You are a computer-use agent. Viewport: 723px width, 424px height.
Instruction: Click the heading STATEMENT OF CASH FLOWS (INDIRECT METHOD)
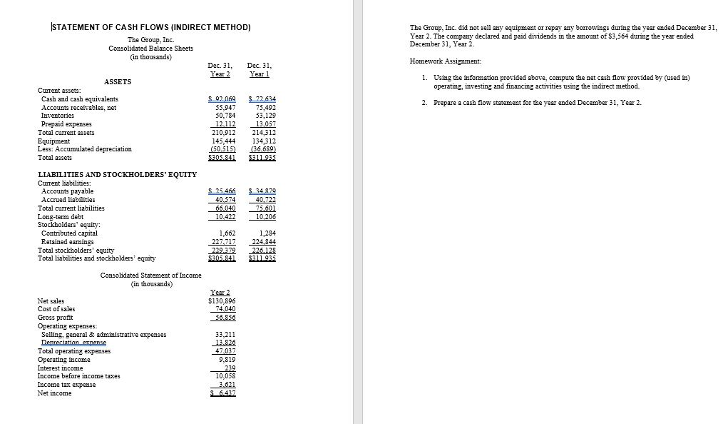[151, 27]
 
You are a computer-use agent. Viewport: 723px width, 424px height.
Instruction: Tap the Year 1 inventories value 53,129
[265, 115]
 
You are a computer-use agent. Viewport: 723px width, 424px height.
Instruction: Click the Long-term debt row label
[61, 216]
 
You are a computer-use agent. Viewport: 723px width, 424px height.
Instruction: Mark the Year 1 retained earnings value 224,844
[264, 241]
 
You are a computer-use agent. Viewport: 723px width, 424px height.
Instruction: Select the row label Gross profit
[58, 318]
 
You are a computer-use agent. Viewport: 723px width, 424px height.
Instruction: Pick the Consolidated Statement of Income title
[150, 276]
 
